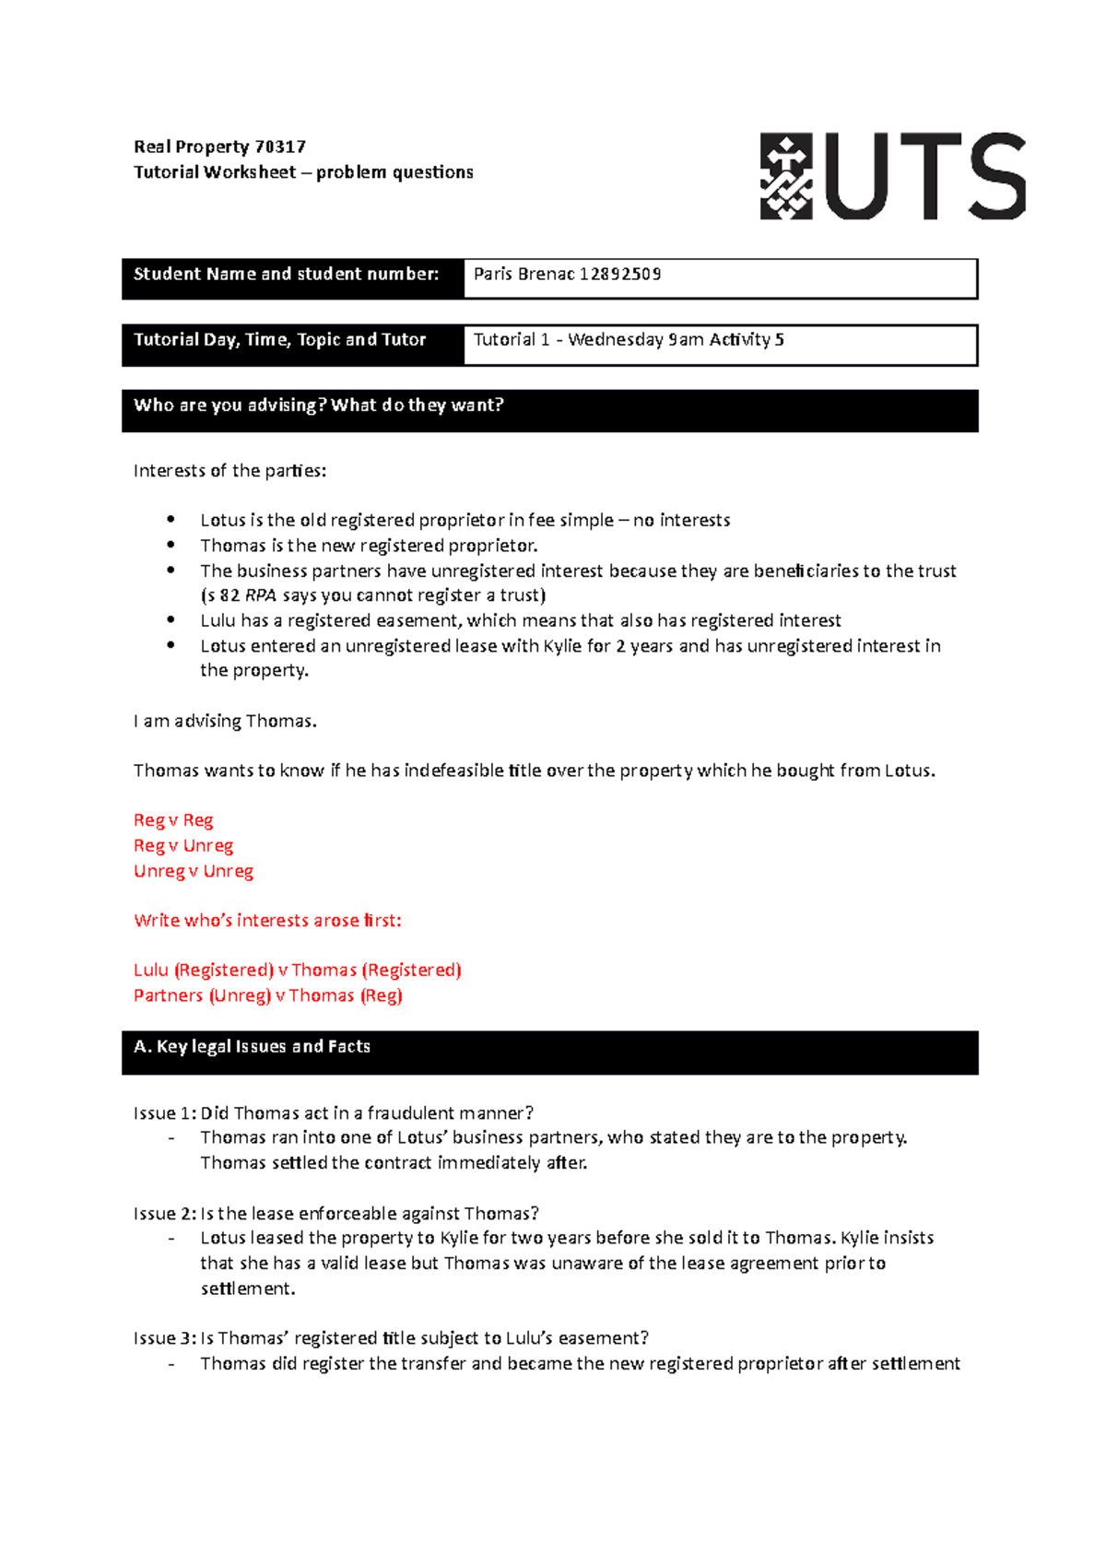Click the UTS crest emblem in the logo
coord(785,177)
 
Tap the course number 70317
coord(279,147)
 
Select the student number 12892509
coord(620,274)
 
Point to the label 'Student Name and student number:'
coord(286,274)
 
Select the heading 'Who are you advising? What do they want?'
coord(318,405)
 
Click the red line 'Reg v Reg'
coord(173,820)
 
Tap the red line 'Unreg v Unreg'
coord(194,871)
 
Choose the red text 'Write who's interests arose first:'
coord(267,920)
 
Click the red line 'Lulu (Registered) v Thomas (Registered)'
coord(297,970)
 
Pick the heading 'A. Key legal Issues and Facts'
coord(252,1046)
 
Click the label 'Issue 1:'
coord(165,1112)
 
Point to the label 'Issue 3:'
coord(165,1337)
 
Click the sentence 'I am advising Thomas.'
coord(225,721)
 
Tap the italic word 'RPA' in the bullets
coord(261,595)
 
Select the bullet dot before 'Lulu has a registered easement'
coord(171,620)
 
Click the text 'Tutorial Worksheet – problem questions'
coord(303,172)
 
